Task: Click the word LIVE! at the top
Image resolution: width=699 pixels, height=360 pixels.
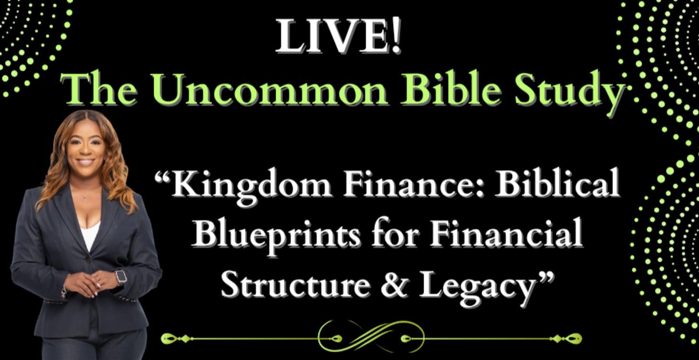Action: click(338, 36)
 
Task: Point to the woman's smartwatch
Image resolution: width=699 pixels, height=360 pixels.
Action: click(121, 277)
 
